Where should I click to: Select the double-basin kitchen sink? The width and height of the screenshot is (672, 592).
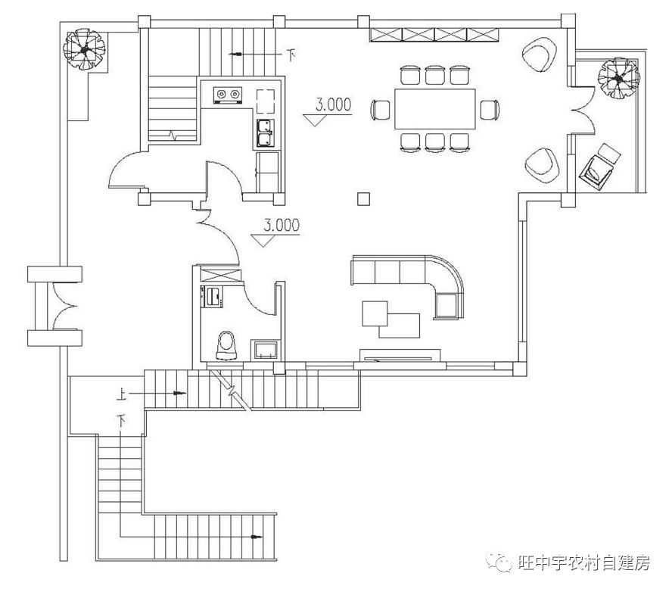pos(266,134)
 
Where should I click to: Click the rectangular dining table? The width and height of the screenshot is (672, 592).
pos(434,108)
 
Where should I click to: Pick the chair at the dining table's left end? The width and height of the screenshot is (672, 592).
pos(381,110)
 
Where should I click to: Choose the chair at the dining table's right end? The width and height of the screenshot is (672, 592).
pos(490,109)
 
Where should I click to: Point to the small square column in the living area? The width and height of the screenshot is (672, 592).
pos(364,199)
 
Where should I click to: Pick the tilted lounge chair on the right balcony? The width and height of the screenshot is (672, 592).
pos(600,164)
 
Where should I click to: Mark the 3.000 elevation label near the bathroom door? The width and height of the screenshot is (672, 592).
pos(280,225)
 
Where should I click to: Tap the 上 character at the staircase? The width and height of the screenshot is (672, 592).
pos(122,394)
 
